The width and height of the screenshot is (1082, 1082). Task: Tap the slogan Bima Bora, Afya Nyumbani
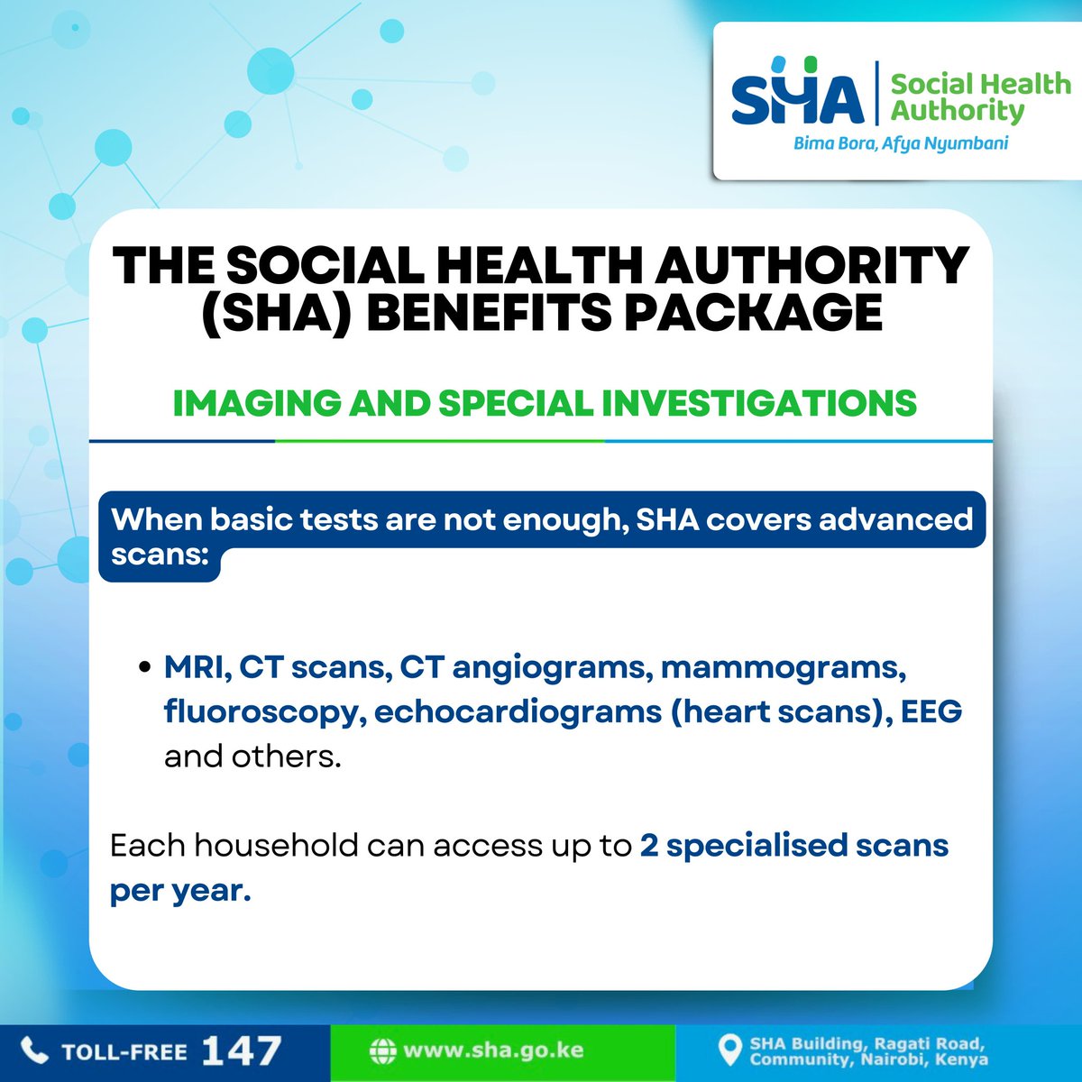coord(900,143)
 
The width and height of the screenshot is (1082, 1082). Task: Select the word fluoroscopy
coord(261,712)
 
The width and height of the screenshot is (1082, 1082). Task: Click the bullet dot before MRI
coord(143,670)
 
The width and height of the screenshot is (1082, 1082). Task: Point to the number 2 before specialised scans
coord(649,847)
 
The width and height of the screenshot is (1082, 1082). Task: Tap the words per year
coord(179,891)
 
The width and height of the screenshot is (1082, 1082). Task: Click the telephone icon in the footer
coord(33,1050)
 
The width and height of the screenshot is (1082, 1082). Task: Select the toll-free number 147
coord(242,1050)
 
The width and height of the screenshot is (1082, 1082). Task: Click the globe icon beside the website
coord(383,1051)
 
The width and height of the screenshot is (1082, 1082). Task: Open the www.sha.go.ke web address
coord(493,1051)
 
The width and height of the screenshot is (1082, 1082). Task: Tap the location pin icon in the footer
coord(728,1051)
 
